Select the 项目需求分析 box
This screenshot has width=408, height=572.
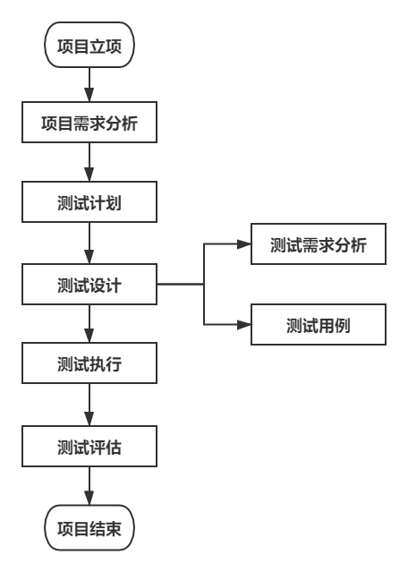[x=89, y=124]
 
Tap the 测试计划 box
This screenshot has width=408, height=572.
[x=89, y=203]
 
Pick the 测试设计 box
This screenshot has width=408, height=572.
[x=89, y=286]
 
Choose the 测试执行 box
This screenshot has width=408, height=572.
[x=89, y=364]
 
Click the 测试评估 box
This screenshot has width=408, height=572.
[x=89, y=447]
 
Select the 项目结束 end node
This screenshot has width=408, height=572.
[x=89, y=528]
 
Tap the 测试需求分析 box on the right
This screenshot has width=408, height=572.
[x=318, y=245]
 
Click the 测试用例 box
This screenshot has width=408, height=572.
[x=318, y=326]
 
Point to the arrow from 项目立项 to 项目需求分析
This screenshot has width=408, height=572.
[x=89, y=85]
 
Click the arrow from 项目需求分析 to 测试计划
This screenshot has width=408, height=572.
[x=89, y=163]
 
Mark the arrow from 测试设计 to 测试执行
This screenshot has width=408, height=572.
[x=89, y=326]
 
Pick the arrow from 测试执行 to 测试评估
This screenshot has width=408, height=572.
[x=89, y=406]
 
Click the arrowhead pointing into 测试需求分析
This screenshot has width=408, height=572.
[x=244, y=243]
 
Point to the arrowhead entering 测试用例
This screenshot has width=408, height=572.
[x=244, y=324]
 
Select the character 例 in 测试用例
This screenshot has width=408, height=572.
[x=341, y=326]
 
